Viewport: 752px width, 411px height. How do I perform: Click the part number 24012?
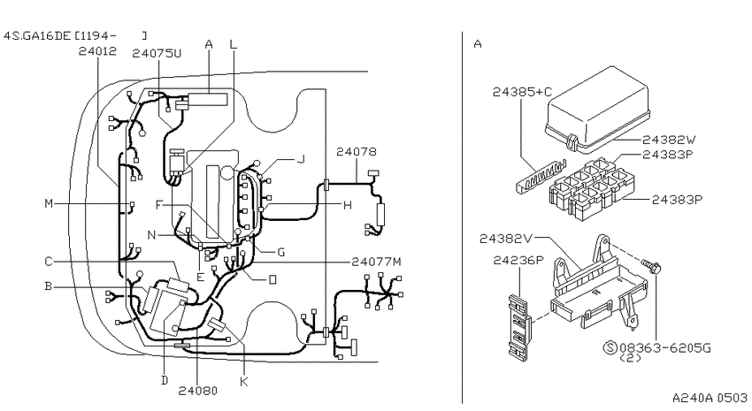click(97, 51)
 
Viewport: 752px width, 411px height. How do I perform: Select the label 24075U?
click(157, 53)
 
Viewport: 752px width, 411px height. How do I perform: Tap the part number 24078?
click(357, 152)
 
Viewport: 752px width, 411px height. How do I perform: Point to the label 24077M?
click(377, 262)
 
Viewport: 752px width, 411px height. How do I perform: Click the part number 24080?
click(198, 391)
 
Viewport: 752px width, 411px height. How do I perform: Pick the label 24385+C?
click(522, 92)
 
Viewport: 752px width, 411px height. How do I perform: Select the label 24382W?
click(669, 140)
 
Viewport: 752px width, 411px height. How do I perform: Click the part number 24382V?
click(506, 238)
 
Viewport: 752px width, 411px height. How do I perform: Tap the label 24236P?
click(518, 261)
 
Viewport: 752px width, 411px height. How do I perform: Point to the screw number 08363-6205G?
click(665, 347)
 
